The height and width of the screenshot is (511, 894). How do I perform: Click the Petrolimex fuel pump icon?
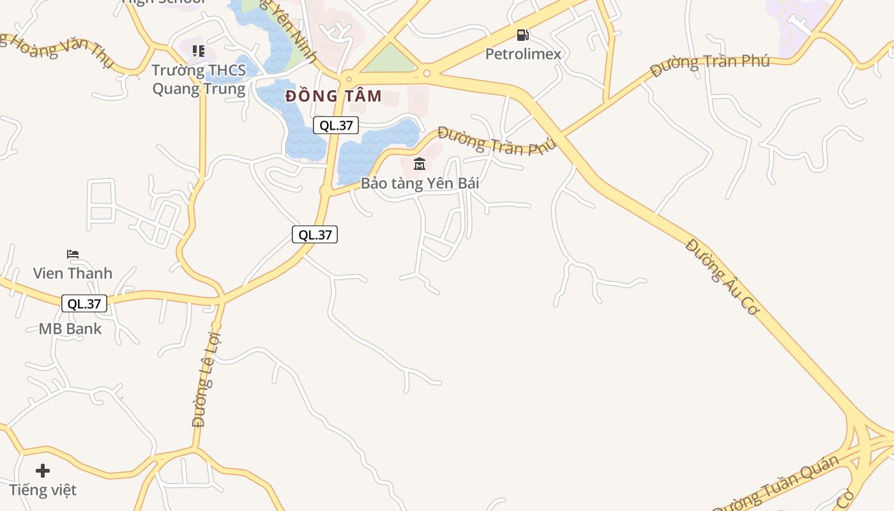point(523,35)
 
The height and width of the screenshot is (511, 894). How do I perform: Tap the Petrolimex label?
point(523,54)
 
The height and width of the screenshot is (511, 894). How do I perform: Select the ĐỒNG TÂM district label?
point(333,96)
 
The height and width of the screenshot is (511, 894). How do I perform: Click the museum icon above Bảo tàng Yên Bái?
point(420,164)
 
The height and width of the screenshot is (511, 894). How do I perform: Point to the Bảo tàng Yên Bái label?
point(420,183)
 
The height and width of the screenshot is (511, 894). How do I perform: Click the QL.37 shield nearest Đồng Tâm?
point(336,125)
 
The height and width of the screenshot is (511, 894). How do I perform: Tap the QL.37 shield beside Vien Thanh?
point(84,303)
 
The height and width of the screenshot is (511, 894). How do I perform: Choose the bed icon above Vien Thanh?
point(73,254)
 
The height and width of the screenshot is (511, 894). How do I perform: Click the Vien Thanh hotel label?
point(72,273)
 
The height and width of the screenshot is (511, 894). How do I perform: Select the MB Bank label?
point(70,329)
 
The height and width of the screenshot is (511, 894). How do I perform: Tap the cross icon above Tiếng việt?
point(43,471)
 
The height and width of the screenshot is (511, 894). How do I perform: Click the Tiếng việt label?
point(43,490)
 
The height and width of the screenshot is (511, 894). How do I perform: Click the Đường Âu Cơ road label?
point(722,277)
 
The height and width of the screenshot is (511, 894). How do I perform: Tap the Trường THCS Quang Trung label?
point(199,79)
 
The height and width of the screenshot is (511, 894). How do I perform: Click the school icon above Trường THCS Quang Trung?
point(199,50)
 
